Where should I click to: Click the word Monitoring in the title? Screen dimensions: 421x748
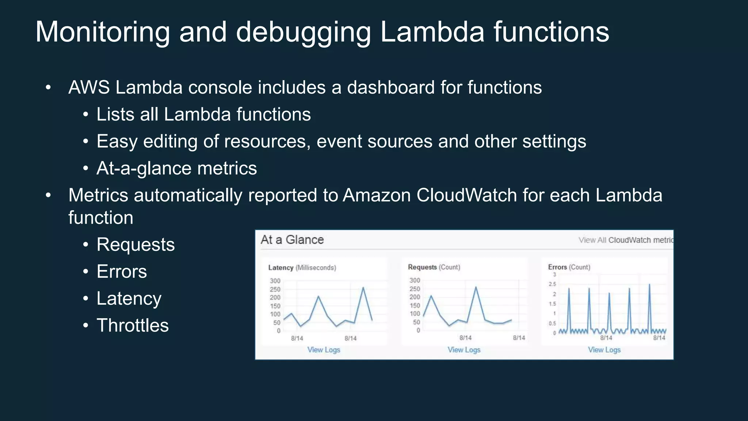(103, 32)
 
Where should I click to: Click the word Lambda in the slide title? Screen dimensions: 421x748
(432, 32)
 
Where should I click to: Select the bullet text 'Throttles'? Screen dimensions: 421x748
(132, 325)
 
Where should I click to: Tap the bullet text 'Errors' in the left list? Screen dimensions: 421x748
(122, 272)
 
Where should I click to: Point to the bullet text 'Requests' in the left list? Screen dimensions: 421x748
(136, 244)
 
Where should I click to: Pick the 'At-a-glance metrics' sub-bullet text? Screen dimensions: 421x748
(176, 168)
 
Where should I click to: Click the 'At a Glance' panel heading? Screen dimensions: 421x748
(292, 240)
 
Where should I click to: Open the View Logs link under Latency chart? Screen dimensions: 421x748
(324, 350)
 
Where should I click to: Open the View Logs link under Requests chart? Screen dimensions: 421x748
(464, 350)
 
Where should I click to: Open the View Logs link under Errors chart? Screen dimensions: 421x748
(604, 350)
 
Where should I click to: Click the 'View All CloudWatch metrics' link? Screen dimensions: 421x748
(626, 240)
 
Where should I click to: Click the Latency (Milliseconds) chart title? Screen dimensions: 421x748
(302, 268)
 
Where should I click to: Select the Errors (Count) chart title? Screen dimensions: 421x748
(569, 267)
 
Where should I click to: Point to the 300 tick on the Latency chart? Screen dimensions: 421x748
(275, 281)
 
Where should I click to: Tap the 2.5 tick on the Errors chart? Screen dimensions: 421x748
(552, 284)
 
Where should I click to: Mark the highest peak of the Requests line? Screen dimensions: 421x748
(476, 287)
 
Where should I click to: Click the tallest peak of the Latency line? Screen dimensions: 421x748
(363, 288)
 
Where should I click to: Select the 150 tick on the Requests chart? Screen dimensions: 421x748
(415, 306)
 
